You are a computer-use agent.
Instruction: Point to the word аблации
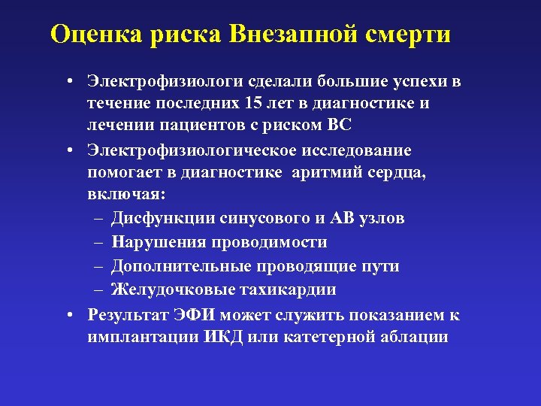[x=417, y=337]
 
